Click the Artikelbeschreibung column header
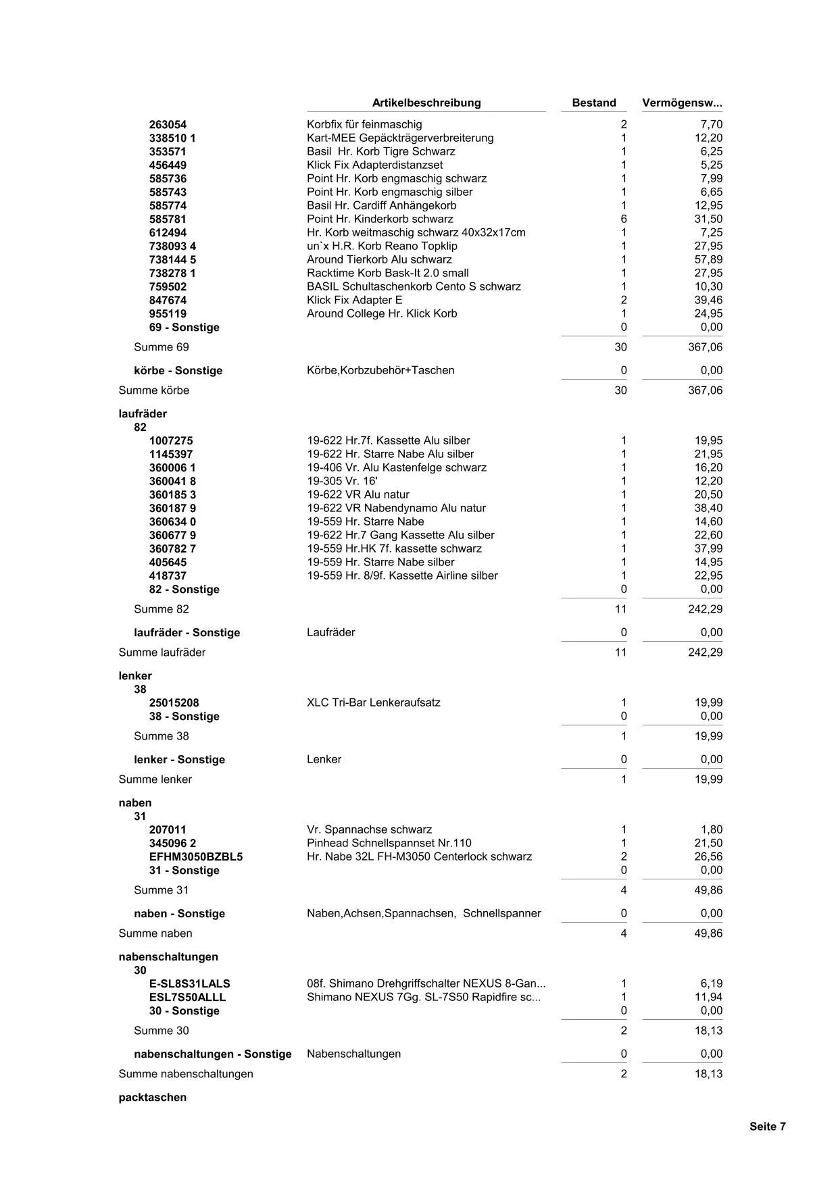click(x=426, y=103)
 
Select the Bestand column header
click(x=593, y=103)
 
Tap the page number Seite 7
click(x=767, y=1126)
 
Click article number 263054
click(x=168, y=125)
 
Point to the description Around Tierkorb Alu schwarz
click(x=379, y=259)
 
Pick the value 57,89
click(x=708, y=259)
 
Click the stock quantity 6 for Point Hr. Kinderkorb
click(x=623, y=219)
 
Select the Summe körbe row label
click(x=154, y=390)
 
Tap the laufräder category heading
click(x=143, y=413)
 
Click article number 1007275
click(x=171, y=441)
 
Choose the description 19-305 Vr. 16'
click(x=342, y=481)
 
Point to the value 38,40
click(x=708, y=508)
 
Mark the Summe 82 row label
click(x=162, y=609)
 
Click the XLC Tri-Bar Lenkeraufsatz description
click(x=373, y=702)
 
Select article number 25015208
click(x=174, y=703)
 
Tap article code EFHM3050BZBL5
click(x=195, y=857)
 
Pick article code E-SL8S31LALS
click(x=189, y=984)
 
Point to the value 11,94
click(x=708, y=997)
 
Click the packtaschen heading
click(x=152, y=1098)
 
